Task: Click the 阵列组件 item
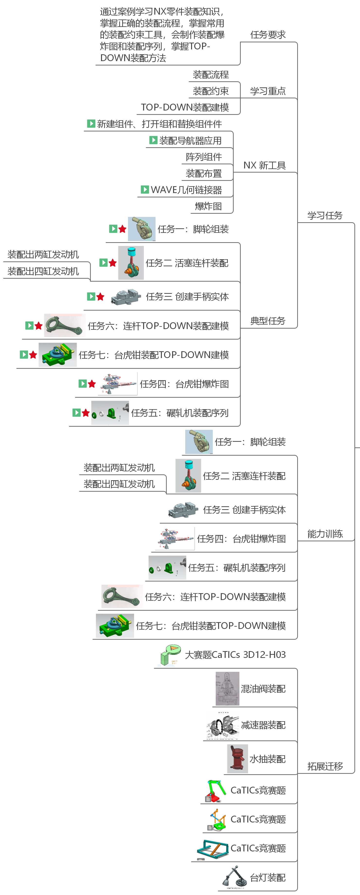click(x=204, y=157)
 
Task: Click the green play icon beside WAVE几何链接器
click(x=145, y=189)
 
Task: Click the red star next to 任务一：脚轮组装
click(x=122, y=229)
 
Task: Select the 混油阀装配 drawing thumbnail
click(x=227, y=688)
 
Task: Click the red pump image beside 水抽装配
click(x=237, y=759)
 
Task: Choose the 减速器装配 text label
click(x=263, y=725)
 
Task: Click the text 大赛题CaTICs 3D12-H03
click(x=235, y=655)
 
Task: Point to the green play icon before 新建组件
click(x=91, y=123)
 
